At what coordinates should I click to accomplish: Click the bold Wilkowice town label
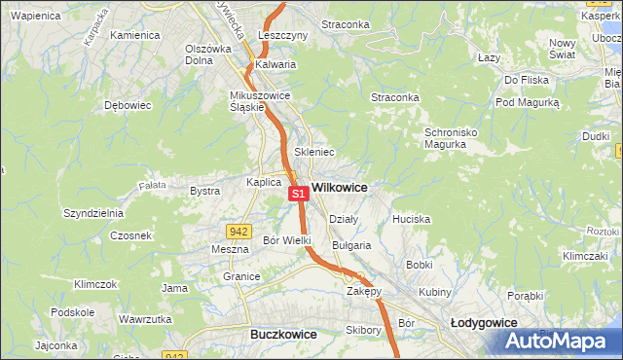339,187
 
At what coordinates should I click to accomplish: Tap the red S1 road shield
300,195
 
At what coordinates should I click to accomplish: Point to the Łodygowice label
483,322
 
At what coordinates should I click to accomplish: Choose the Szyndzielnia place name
92,212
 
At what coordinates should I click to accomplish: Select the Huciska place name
411,220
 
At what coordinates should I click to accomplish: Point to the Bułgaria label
351,246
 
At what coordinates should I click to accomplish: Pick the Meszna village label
230,249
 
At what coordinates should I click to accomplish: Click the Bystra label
204,192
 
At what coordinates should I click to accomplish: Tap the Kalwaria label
275,65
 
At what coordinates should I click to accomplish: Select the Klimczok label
95,285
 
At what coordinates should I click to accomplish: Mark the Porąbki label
525,295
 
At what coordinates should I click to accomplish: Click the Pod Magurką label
528,102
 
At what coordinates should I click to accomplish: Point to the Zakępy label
363,291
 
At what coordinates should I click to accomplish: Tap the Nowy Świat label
563,49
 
